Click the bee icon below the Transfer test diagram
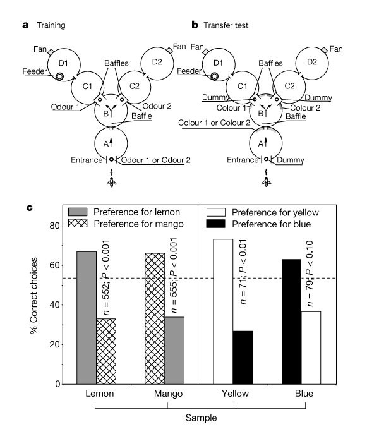266,179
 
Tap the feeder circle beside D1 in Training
60,76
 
